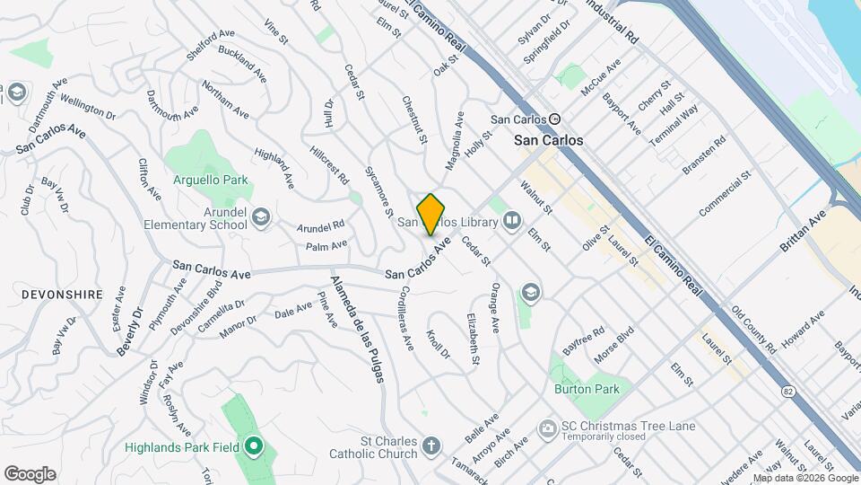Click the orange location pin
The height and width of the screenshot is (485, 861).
point(431,214)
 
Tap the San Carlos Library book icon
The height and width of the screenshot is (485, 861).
point(511,220)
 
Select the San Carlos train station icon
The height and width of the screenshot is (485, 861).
point(555,119)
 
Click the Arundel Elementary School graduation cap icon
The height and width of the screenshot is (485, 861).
point(260,216)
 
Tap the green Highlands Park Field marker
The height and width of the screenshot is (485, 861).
point(253,445)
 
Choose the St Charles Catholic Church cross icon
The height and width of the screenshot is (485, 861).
point(431,445)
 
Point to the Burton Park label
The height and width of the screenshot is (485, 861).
point(587,390)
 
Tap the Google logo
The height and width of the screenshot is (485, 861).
point(30,473)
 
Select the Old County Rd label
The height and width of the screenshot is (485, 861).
point(753,329)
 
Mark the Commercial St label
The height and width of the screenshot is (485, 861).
point(725,191)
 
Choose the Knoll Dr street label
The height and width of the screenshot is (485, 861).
point(437,345)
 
